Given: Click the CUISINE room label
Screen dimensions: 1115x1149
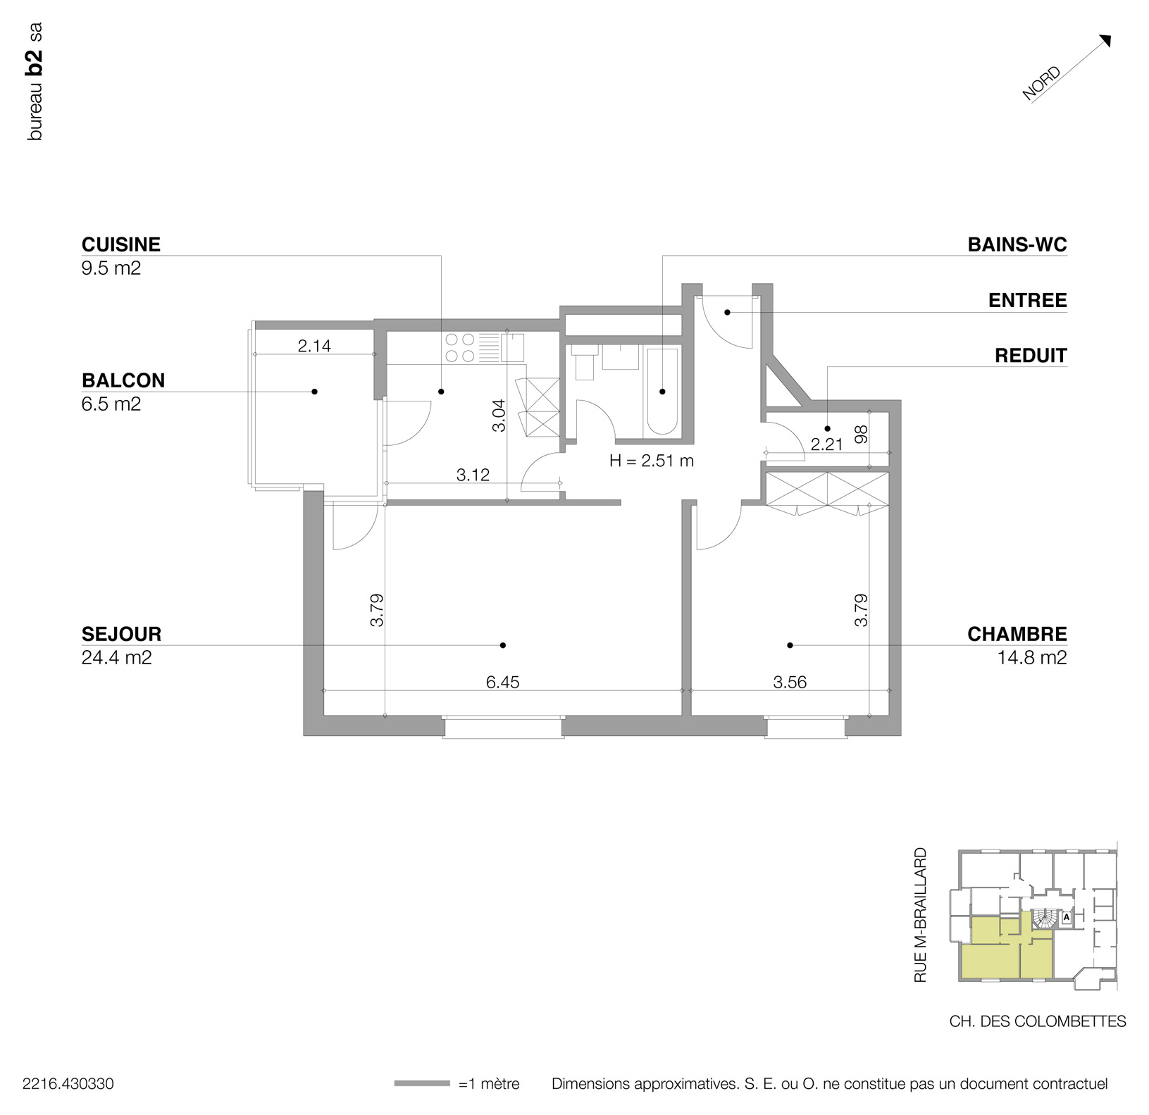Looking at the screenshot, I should point(120,244).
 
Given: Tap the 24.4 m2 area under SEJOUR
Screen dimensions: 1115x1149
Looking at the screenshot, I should point(116,658).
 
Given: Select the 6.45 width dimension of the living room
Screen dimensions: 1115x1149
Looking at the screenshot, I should point(502,682).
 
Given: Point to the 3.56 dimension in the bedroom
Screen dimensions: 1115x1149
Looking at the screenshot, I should point(789,682).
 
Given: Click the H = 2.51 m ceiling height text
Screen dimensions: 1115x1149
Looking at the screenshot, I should point(651,461).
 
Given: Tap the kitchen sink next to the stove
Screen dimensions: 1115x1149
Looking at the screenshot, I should point(512,347).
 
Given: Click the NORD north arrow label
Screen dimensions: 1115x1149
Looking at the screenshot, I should point(1042,83).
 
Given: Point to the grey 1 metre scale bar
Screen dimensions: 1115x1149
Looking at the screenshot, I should point(421,1083).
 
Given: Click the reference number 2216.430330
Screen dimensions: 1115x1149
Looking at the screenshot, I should point(68,1084).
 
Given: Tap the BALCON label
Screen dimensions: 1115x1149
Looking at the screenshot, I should point(123,380).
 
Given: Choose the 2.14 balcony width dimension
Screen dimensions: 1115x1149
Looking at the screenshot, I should point(314,346).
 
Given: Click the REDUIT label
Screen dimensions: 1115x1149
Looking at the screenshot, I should point(1030,356).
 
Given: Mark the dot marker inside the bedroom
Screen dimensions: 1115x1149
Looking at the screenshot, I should point(790,645).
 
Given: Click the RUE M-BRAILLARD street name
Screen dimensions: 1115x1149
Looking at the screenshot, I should point(920,915).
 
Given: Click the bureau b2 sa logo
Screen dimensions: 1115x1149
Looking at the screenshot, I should point(35,82).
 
